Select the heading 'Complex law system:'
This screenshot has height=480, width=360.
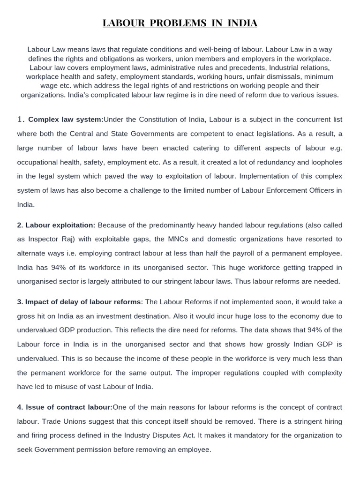point(65,120)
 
